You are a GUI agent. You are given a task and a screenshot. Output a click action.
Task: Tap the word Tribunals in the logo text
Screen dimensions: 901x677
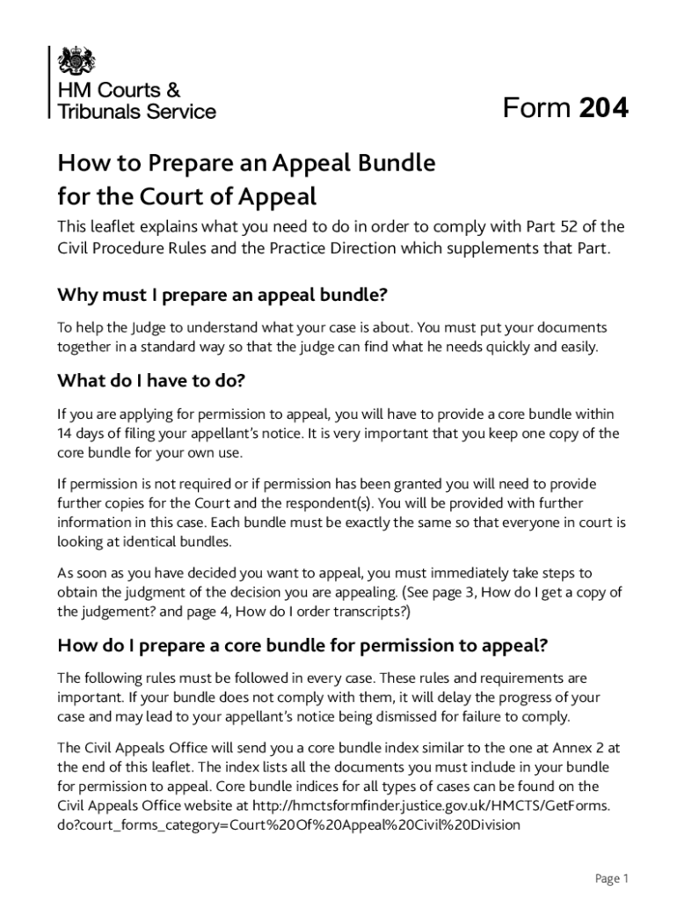coord(96,112)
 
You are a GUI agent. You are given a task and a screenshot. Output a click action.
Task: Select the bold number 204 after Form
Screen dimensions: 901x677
coord(604,108)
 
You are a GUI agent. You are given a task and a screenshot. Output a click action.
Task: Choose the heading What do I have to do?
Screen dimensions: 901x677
coord(150,381)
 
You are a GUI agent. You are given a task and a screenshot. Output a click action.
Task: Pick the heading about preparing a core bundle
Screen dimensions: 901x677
coord(302,645)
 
